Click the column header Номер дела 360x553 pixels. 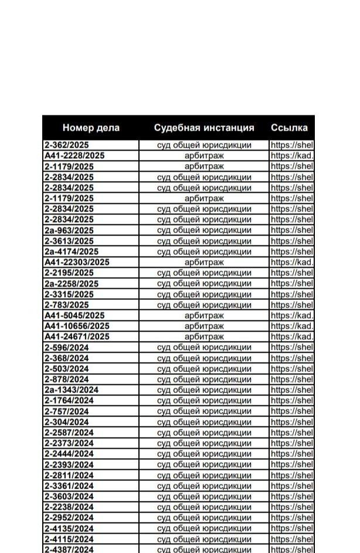coord(91,128)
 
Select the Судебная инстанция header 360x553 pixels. coord(204,128)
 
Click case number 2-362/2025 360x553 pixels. coord(67,145)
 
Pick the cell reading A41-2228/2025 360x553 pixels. coord(74,156)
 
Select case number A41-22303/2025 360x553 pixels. coord(77,262)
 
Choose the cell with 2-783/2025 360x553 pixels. coord(67,305)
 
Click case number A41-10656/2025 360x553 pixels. coord(77,326)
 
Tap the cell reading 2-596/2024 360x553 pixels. coord(67,347)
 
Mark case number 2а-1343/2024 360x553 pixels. coord(71,390)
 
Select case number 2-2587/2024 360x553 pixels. coord(69,432)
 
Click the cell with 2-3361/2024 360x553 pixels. coord(69,486)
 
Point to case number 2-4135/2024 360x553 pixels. coord(69,528)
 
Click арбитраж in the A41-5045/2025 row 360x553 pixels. coord(204,315)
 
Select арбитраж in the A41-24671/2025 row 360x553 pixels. coord(204,337)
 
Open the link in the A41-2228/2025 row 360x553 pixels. coord(292,156)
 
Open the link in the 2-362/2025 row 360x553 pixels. coord(292,145)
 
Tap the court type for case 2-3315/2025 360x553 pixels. coord(204,294)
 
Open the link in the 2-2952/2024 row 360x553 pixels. coord(292,518)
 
